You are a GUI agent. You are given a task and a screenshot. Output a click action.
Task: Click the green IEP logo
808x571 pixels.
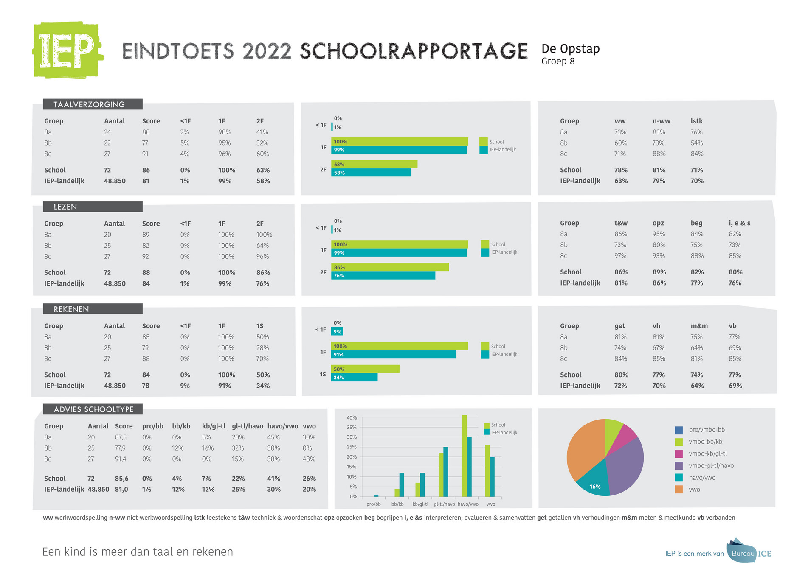[x=67, y=50]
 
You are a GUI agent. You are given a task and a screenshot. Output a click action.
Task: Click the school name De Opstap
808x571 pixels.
[x=570, y=49]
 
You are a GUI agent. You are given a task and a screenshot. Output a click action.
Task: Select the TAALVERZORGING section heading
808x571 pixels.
[x=89, y=104]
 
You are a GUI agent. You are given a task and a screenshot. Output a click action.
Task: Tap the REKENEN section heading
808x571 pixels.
[x=71, y=309]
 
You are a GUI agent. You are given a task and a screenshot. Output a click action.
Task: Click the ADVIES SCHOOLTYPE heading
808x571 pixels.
[x=93, y=409]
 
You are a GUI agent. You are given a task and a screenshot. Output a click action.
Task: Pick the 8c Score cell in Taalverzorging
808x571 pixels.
[x=146, y=154]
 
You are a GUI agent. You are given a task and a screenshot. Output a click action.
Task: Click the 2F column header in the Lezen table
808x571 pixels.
[x=260, y=224]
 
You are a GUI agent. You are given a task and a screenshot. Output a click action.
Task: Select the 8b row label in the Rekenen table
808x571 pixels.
[x=48, y=348]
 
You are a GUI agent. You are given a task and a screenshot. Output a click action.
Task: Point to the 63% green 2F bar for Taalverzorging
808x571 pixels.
[x=374, y=164]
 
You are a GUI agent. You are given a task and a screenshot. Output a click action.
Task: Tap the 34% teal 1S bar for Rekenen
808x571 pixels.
[x=355, y=377]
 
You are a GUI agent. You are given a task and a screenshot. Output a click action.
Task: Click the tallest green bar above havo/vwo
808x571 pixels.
[x=464, y=456]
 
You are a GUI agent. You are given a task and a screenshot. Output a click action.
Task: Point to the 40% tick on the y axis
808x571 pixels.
[x=352, y=418]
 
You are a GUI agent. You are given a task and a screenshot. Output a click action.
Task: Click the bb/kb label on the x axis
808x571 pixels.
[x=397, y=504]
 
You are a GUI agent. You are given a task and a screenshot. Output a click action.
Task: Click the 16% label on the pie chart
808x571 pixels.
[x=595, y=487]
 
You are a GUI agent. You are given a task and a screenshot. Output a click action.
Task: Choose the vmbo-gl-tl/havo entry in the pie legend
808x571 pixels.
[x=711, y=465]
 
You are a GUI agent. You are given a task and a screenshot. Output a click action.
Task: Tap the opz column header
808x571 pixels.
[x=658, y=223]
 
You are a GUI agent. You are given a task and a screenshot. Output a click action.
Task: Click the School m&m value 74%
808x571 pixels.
[x=697, y=375]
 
